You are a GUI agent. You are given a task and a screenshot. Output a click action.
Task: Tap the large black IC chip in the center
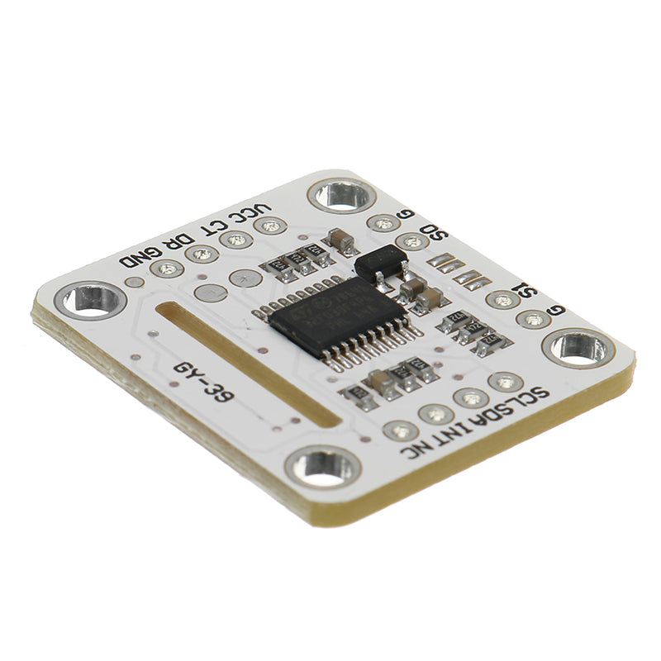[x=335, y=315]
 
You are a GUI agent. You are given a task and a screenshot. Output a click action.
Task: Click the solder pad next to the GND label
[x=169, y=269]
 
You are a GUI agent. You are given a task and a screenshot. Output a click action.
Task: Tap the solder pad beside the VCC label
[x=270, y=226]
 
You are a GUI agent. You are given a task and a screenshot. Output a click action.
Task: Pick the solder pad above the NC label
[x=401, y=430]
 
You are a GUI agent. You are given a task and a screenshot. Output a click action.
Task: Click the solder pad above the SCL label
[x=505, y=382]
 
